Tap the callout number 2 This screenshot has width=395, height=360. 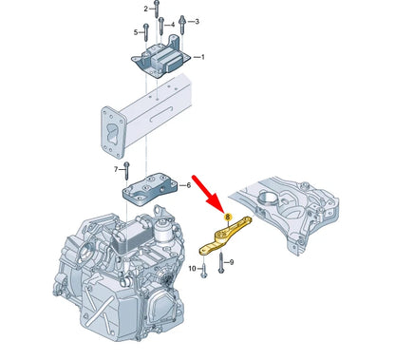[x=146, y=9]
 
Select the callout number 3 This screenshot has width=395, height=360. [x=196, y=20]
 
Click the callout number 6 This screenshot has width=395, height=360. [x=188, y=186]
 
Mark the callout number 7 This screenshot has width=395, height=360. [x=116, y=169]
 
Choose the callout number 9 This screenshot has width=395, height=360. [x=235, y=260]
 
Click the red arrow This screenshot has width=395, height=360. [x=206, y=191]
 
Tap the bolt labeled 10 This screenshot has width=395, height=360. [x=202, y=272]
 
